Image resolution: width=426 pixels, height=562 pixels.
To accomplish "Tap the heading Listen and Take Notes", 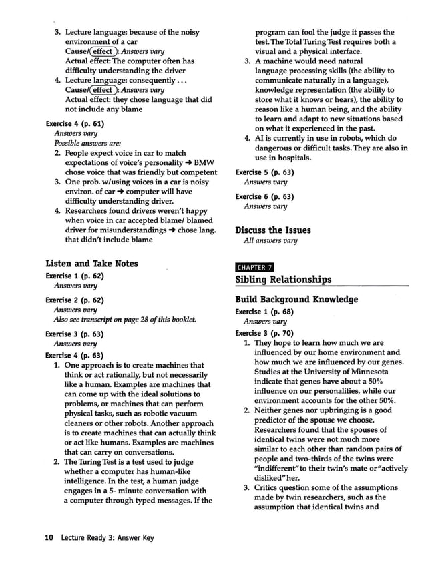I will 91,264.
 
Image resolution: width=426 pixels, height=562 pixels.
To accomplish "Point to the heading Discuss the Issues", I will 273,230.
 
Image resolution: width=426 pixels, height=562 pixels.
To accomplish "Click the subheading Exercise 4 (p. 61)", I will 74,123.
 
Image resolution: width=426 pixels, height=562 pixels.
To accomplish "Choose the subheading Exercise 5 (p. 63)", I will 264,172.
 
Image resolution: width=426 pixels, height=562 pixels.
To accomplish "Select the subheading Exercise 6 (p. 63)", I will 264,196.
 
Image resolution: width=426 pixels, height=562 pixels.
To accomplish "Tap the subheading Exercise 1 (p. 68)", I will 264,312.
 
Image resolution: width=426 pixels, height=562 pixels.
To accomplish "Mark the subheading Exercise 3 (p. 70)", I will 264,333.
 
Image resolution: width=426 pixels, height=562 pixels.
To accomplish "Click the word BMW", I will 206,162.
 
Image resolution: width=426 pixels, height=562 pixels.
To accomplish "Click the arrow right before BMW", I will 191,162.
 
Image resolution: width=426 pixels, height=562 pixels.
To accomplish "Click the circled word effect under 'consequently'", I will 103,90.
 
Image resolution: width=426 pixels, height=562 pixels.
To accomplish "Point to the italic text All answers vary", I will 270,240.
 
